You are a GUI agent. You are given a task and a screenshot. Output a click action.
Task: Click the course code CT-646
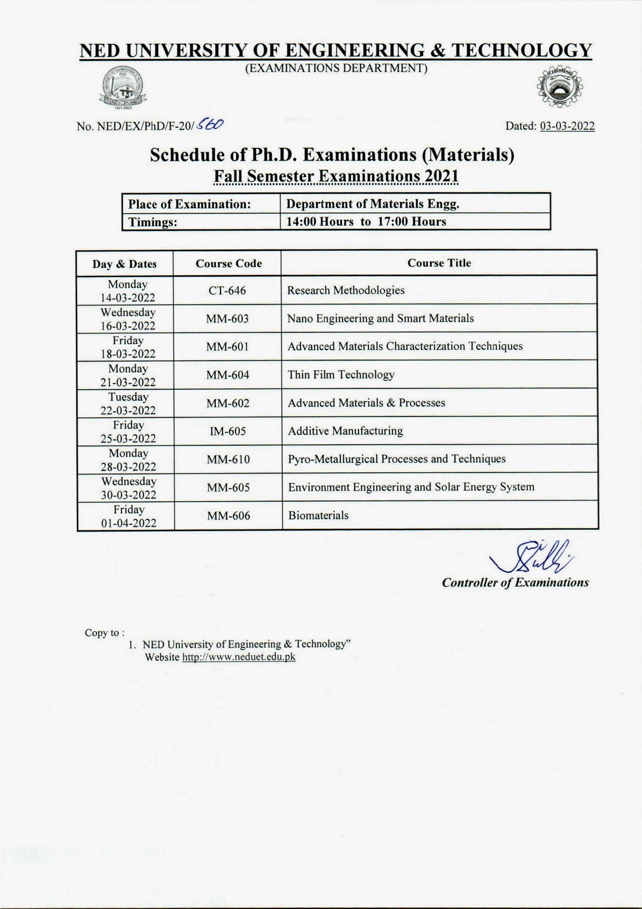click(x=227, y=291)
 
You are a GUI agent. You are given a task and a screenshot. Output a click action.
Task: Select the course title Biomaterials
click(x=318, y=515)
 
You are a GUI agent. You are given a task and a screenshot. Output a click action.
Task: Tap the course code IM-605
click(x=228, y=431)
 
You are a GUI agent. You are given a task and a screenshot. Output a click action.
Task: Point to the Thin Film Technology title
click(x=341, y=375)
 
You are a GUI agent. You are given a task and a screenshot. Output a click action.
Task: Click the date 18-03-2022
click(x=128, y=353)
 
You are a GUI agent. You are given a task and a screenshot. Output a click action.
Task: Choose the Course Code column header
click(x=228, y=264)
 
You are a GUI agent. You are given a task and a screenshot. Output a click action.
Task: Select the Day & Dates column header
click(x=125, y=264)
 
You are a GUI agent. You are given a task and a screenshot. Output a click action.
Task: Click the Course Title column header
click(x=439, y=263)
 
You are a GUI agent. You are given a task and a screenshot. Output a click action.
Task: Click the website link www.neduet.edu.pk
click(x=239, y=657)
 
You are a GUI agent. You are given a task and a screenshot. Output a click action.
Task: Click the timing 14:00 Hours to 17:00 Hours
click(x=366, y=222)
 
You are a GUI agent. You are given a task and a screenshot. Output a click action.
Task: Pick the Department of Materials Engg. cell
click(x=373, y=204)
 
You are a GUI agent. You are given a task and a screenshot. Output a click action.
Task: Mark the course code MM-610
click(x=228, y=460)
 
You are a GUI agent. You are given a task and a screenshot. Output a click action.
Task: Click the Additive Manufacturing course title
click(x=345, y=431)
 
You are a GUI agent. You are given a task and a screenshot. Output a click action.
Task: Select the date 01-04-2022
click(x=129, y=523)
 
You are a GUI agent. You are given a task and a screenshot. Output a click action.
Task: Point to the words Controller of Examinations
click(x=515, y=583)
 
